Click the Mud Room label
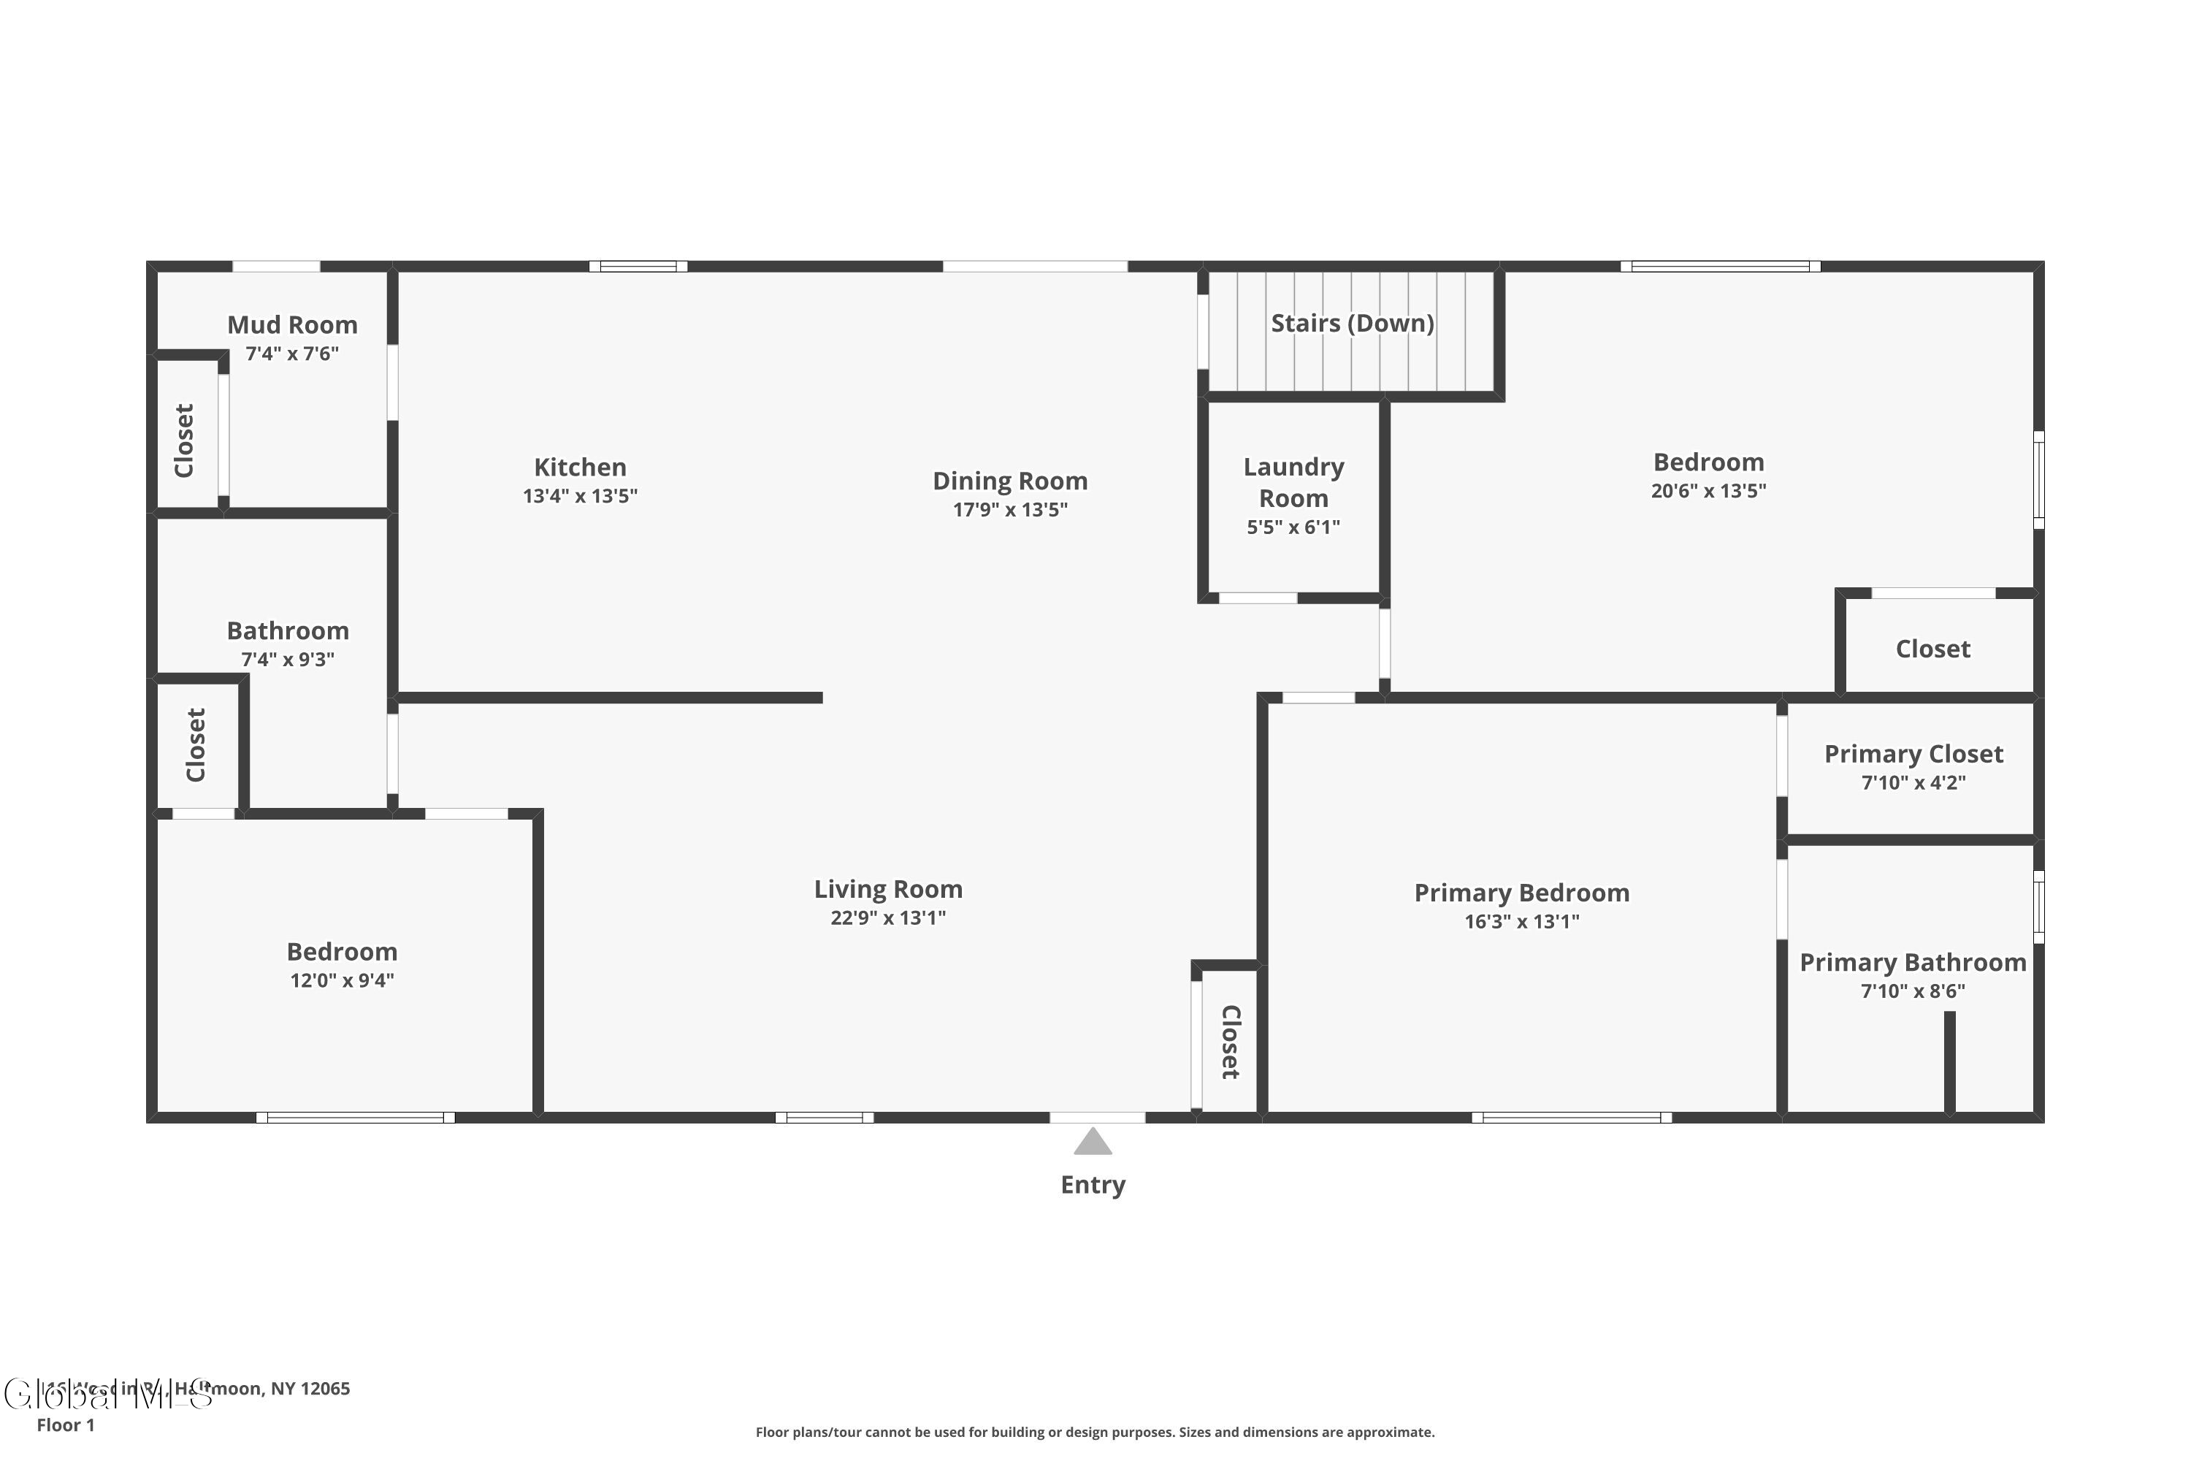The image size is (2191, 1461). [x=293, y=324]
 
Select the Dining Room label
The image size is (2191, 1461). [x=1010, y=481]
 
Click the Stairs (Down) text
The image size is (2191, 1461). [x=1352, y=324]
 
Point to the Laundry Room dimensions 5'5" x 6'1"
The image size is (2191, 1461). [x=1293, y=527]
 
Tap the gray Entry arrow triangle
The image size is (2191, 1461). [x=1093, y=1143]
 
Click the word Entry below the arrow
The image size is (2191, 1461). [x=1093, y=1185]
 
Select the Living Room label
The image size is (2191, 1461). [x=888, y=889]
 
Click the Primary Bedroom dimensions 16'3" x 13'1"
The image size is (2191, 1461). [x=1521, y=921]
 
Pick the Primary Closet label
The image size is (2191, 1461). [x=1913, y=754]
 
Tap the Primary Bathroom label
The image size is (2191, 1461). [x=1913, y=963]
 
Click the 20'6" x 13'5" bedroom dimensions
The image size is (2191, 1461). [x=1708, y=491]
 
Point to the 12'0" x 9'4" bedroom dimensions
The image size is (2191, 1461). [x=342, y=980]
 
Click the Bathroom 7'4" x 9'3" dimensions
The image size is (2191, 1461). [x=287, y=660]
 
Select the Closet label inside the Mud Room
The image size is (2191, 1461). [x=185, y=440]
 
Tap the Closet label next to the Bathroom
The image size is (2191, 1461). [x=196, y=744]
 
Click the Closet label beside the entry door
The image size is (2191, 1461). [x=1230, y=1042]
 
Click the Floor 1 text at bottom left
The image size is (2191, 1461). [x=65, y=1424]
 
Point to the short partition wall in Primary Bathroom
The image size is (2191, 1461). [x=1949, y=1062]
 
